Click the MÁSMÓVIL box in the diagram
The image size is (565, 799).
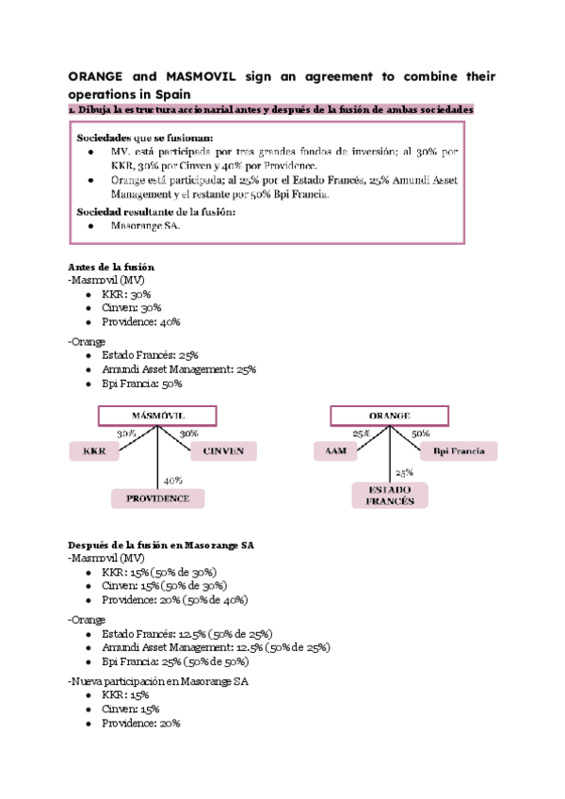pos(156,416)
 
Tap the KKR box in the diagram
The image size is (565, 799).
pos(94,452)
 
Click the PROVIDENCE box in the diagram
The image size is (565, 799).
pos(157,498)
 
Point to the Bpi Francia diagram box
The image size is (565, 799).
pos(459,452)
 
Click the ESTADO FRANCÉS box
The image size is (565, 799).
pos(390,496)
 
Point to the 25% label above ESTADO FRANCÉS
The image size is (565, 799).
pos(404,473)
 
